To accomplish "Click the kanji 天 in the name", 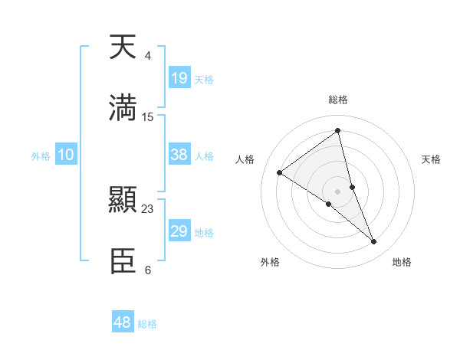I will coord(123,47).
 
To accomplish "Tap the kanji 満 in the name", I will coord(123,108).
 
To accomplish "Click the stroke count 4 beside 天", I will coord(147,56).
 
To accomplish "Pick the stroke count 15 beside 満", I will coord(148,117).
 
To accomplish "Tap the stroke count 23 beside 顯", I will coord(148,208).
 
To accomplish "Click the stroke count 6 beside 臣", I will coord(147,270).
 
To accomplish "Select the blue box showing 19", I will coord(179,78).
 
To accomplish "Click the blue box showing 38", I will coord(179,155).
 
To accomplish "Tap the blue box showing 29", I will coord(179,231).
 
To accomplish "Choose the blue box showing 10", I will coord(66,155).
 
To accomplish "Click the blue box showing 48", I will coord(123,322).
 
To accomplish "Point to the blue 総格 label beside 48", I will coord(147,324).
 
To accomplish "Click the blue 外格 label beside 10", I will coord(41,156).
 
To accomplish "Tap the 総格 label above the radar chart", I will coord(337,100).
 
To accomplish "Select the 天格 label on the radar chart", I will coord(432,159).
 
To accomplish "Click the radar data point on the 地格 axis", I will coord(374,242).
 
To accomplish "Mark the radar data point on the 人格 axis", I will coord(280,172).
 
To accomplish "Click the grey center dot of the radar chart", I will coord(337,191).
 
